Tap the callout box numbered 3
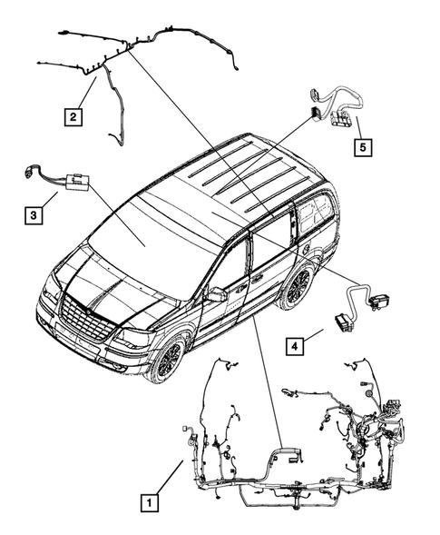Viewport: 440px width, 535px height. pyautogui.click(x=33, y=215)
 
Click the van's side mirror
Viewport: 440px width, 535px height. pyautogui.click(x=216, y=295)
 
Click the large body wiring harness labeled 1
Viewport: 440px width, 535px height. pyautogui.click(x=299, y=445)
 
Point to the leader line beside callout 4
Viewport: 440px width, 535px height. pyautogui.click(x=316, y=335)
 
